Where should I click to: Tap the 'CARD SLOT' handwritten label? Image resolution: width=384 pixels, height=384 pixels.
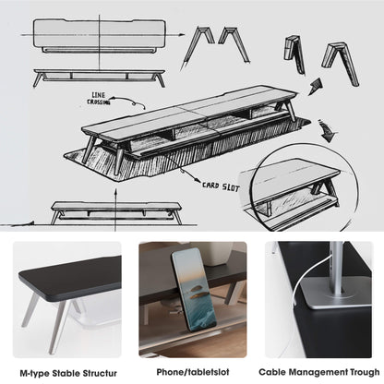click(222, 185)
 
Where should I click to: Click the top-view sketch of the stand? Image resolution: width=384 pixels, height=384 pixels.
click(99, 38)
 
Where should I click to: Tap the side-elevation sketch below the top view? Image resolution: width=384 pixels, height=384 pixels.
click(99, 76)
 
